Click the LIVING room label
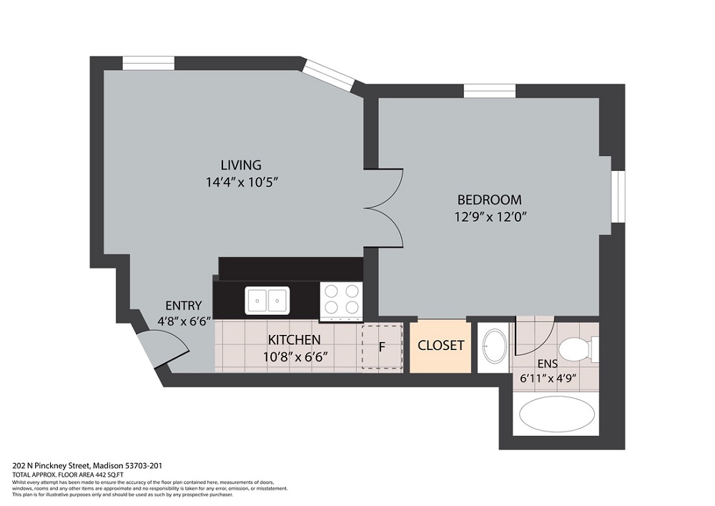pos(240,165)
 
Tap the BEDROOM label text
pos(489,200)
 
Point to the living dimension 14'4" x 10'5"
pos(240,182)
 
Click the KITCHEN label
pos(294,339)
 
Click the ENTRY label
pos(183,306)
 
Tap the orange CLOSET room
pos(440,346)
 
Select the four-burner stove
pos(340,299)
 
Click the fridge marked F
pos(382,347)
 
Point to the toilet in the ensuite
pos(576,350)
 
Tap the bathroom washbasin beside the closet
pos(493,346)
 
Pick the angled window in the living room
pos(329,75)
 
